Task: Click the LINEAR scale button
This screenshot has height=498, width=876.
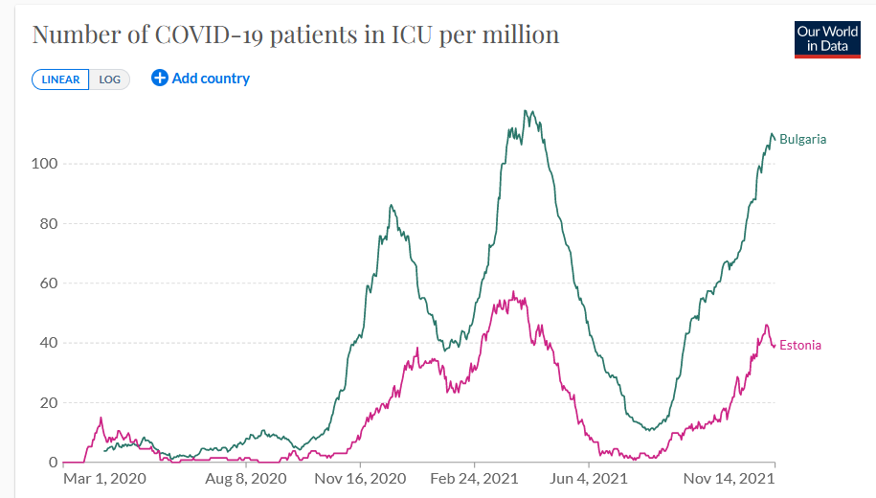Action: (60, 79)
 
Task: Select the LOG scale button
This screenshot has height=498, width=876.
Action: (110, 79)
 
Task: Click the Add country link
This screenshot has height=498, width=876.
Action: (211, 79)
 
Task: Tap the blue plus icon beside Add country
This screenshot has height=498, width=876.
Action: (160, 79)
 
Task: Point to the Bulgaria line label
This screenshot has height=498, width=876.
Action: (802, 139)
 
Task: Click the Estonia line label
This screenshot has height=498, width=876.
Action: (799, 346)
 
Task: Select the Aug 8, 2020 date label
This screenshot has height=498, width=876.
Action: (248, 477)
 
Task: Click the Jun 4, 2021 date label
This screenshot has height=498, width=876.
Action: (589, 477)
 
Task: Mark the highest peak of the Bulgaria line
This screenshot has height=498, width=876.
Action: (526, 111)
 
